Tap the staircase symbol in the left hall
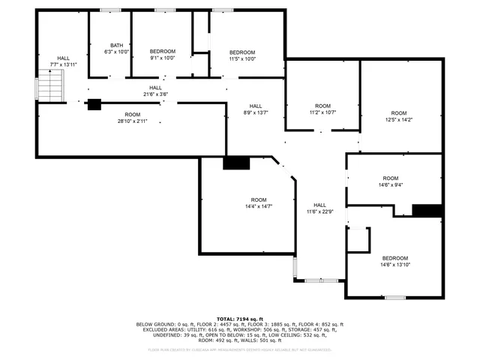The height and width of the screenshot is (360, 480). pos(49,89)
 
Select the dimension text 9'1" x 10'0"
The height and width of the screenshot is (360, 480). pos(162,58)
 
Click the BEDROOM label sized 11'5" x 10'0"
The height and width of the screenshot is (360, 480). pos(242,52)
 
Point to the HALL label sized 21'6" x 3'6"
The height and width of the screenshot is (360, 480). pos(155,88)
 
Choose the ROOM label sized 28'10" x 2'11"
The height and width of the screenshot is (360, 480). pos(132,114)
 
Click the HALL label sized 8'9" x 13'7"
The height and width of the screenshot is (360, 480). pos(255,106)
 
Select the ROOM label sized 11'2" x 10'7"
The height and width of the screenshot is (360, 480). pos(322,106)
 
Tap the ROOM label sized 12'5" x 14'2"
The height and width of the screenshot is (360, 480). pos(398,113)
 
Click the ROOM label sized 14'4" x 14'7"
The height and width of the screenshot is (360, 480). pos(258,199)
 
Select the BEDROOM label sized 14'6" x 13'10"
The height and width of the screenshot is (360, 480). pos(395,257)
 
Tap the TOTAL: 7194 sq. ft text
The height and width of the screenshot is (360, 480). pos(239,318)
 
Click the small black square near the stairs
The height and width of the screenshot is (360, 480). pos(94,105)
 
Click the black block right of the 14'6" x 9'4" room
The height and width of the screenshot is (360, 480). pos(427,210)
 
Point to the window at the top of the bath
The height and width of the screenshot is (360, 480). pos(111,10)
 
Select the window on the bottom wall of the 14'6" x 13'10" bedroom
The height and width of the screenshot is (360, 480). pos(395,298)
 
